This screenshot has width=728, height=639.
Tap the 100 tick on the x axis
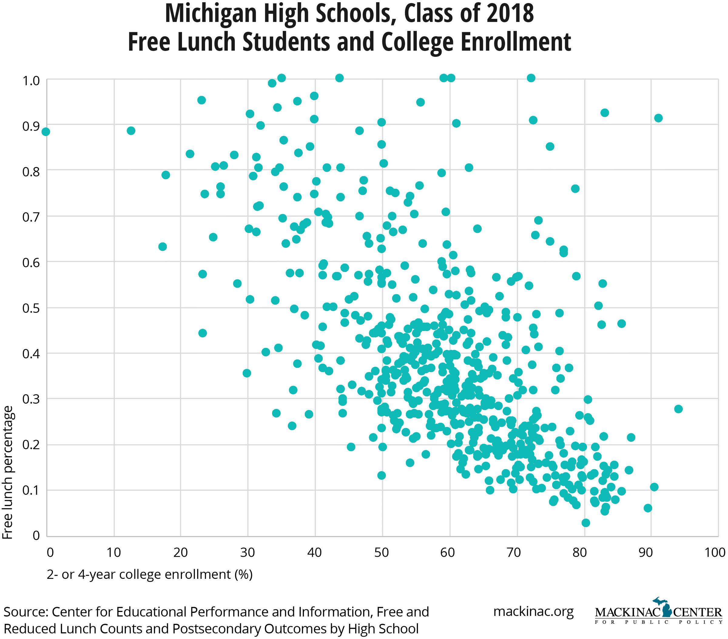pos(715,553)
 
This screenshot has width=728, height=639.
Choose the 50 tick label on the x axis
pos(382,553)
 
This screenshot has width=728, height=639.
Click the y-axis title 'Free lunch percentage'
pos(8,472)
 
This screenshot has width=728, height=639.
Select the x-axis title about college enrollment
pos(150,574)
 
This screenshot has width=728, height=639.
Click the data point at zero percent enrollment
pos(45,132)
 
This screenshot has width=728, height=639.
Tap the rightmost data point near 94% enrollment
pos(678,409)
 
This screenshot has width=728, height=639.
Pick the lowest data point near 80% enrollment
pos(585,523)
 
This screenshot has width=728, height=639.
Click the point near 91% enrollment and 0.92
pos(658,118)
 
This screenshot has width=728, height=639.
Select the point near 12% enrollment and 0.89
pos(131,131)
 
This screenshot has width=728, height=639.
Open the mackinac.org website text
pos(533,612)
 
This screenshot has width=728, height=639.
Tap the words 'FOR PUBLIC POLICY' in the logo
pos(658,622)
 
